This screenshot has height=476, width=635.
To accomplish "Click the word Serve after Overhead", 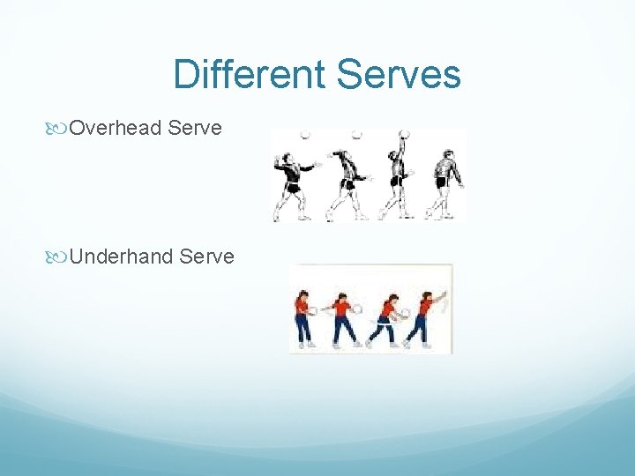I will tap(195, 129).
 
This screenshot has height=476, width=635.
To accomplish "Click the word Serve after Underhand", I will tap(206, 257).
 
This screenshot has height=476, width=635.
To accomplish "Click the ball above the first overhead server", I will tap(306, 134).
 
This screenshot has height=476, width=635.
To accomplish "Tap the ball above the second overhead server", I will tap(357, 134).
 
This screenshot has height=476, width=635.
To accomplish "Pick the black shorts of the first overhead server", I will tap(292, 187).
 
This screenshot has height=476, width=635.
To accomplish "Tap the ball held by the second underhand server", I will tap(357, 309).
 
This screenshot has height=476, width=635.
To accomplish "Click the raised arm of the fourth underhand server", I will tap(439, 298).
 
